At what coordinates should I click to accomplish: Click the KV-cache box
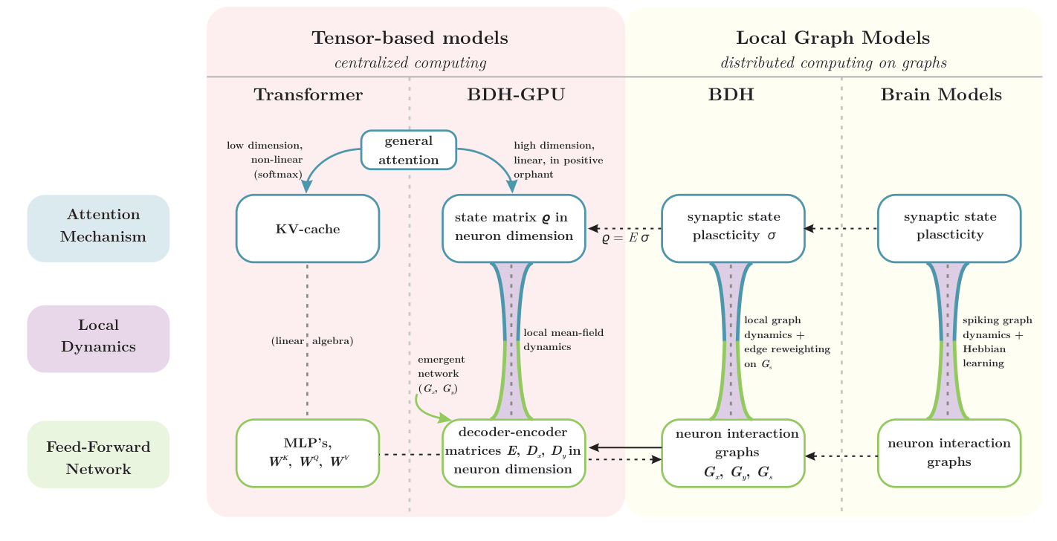(x=308, y=229)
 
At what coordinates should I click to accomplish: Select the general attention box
(x=408, y=150)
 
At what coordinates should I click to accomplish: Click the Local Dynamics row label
(x=99, y=336)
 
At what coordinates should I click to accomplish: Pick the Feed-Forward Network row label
(x=99, y=458)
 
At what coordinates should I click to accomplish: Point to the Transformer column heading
(x=308, y=95)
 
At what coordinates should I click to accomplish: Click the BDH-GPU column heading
(x=516, y=95)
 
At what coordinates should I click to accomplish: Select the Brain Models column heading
(x=941, y=95)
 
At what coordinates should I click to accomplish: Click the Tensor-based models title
(x=410, y=38)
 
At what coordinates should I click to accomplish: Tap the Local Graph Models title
(x=833, y=38)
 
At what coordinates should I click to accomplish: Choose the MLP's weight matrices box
(x=308, y=453)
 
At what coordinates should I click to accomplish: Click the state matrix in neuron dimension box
(x=514, y=227)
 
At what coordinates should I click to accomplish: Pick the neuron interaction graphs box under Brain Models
(x=949, y=453)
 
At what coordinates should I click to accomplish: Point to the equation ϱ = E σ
(x=626, y=240)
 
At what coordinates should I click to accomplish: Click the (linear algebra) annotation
(x=311, y=341)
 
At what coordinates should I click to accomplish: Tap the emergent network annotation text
(x=442, y=374)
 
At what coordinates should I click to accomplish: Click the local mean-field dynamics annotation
(x=563, y=340)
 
